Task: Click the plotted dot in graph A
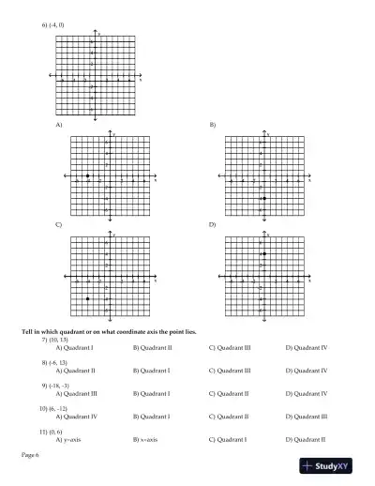click(88, 175)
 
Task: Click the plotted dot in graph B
click(264, 198)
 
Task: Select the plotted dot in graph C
click(88, 299)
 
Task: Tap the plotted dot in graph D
click(264, 254)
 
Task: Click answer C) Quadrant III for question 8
click(230, 371)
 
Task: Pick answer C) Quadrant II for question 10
click(229, 417)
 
